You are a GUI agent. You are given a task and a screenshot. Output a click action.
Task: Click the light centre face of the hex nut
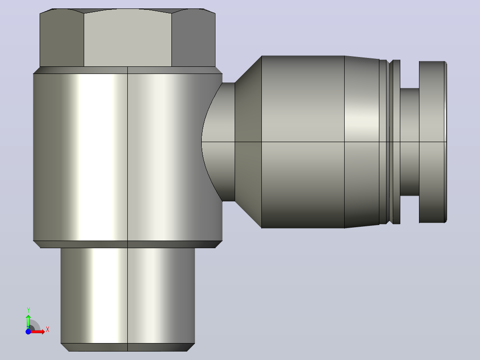point(128,38)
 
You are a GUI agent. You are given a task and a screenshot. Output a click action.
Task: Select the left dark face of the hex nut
point(62,38)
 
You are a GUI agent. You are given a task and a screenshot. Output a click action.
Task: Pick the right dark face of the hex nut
point(193,38)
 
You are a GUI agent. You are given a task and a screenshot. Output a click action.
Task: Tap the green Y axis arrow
point(28,322)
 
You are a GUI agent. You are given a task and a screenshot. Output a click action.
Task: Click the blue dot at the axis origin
point(28,332)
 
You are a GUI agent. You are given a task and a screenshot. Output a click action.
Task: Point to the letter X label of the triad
point(48,330)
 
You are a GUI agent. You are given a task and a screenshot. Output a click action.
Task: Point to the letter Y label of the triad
point(28,310)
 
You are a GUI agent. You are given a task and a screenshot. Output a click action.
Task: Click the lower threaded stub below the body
point(128,296)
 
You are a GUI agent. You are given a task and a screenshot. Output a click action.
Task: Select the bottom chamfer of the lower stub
point(128,348)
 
